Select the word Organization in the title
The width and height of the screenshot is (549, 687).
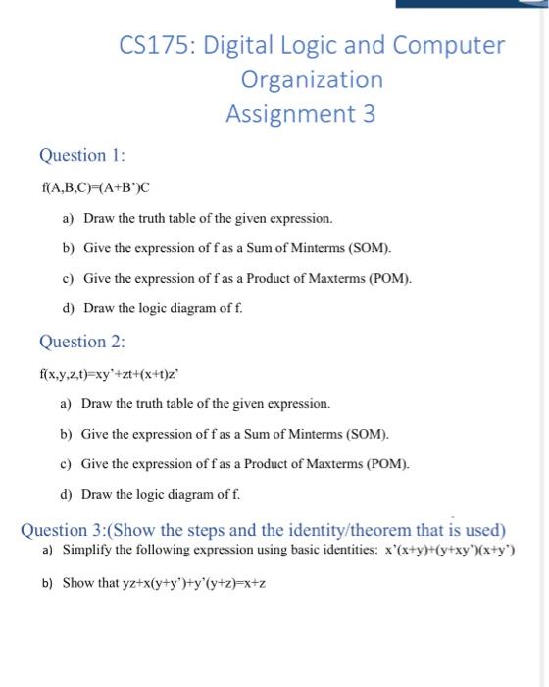pos(312,79)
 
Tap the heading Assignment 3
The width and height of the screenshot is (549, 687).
pos(300,114)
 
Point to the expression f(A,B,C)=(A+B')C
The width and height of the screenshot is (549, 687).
pos(97,186)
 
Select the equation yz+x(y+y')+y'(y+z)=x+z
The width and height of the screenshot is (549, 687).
pos(165,583)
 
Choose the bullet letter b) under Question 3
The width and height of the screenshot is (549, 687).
pos(48,583)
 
